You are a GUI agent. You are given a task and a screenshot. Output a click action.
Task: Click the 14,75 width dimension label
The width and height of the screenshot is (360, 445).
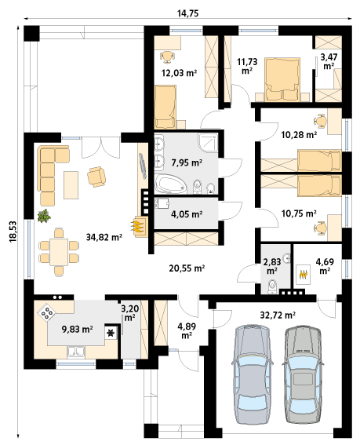pos(187,13)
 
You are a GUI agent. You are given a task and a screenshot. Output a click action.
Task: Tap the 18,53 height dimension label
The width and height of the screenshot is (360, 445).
pos(13,232)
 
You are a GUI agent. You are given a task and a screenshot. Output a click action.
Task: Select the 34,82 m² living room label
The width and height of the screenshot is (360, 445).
pos(104,237)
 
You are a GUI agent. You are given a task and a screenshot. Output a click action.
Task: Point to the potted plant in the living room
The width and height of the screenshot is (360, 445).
pos(44,216)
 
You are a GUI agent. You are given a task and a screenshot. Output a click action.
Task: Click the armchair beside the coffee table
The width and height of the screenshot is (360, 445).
pos(96,177)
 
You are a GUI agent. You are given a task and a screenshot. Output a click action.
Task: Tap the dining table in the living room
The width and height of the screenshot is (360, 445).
pos(59,252)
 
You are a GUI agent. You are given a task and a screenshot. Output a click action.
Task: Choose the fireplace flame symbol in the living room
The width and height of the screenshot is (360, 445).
pos(136,226)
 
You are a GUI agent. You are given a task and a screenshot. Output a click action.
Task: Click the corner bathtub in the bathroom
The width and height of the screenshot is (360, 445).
pos(170,184)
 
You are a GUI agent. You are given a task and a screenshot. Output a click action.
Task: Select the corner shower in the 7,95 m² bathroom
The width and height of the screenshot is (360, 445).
pos(209,143)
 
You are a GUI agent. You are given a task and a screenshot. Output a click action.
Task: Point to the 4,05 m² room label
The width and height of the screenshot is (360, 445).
pos(187,213)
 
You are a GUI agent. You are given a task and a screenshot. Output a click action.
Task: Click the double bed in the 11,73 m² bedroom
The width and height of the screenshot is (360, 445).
pos(282,79)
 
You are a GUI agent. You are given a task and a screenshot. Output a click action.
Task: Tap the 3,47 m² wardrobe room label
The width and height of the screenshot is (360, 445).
pos(329,61)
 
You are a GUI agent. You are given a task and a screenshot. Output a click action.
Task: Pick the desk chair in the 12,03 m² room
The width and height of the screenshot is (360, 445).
pos(167,57)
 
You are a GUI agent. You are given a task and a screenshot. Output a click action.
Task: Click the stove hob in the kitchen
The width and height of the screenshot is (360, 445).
pos(47,312)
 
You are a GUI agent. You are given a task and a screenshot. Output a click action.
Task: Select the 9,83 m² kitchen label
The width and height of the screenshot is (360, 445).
pos(77,329)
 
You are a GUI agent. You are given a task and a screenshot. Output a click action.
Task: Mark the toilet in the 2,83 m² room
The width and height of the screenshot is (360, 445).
pos(272,286)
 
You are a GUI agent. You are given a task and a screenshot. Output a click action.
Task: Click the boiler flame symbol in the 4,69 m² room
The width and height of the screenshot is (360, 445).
pos(304,275)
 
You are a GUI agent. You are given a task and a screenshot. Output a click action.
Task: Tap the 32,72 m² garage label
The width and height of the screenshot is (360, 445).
pos(278,315)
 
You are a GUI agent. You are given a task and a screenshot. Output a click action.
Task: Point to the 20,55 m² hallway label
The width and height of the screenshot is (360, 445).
pos(187,268)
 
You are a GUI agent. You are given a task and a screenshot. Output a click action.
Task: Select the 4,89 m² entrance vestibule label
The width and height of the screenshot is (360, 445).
pos(187,330)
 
